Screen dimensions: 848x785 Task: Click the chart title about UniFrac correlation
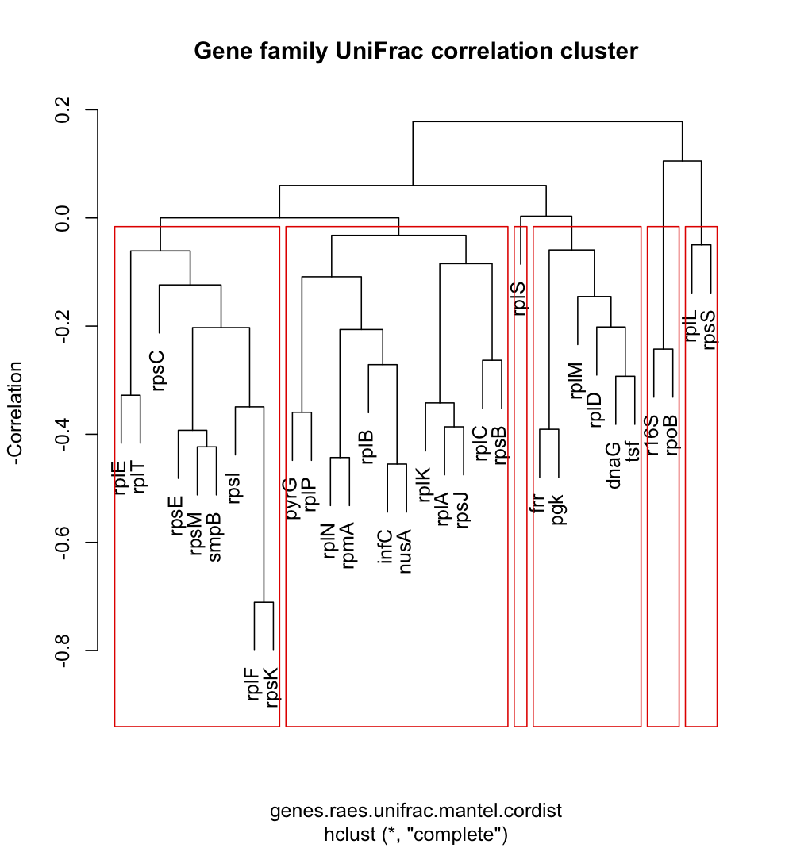click(416, 52)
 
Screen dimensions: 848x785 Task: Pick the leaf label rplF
click(254, 685)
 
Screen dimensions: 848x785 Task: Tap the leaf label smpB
click(216, 538)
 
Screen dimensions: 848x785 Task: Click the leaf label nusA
click(406, 551)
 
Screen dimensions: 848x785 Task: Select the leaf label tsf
click(633, 447)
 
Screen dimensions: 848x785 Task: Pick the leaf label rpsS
click(710, 329)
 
